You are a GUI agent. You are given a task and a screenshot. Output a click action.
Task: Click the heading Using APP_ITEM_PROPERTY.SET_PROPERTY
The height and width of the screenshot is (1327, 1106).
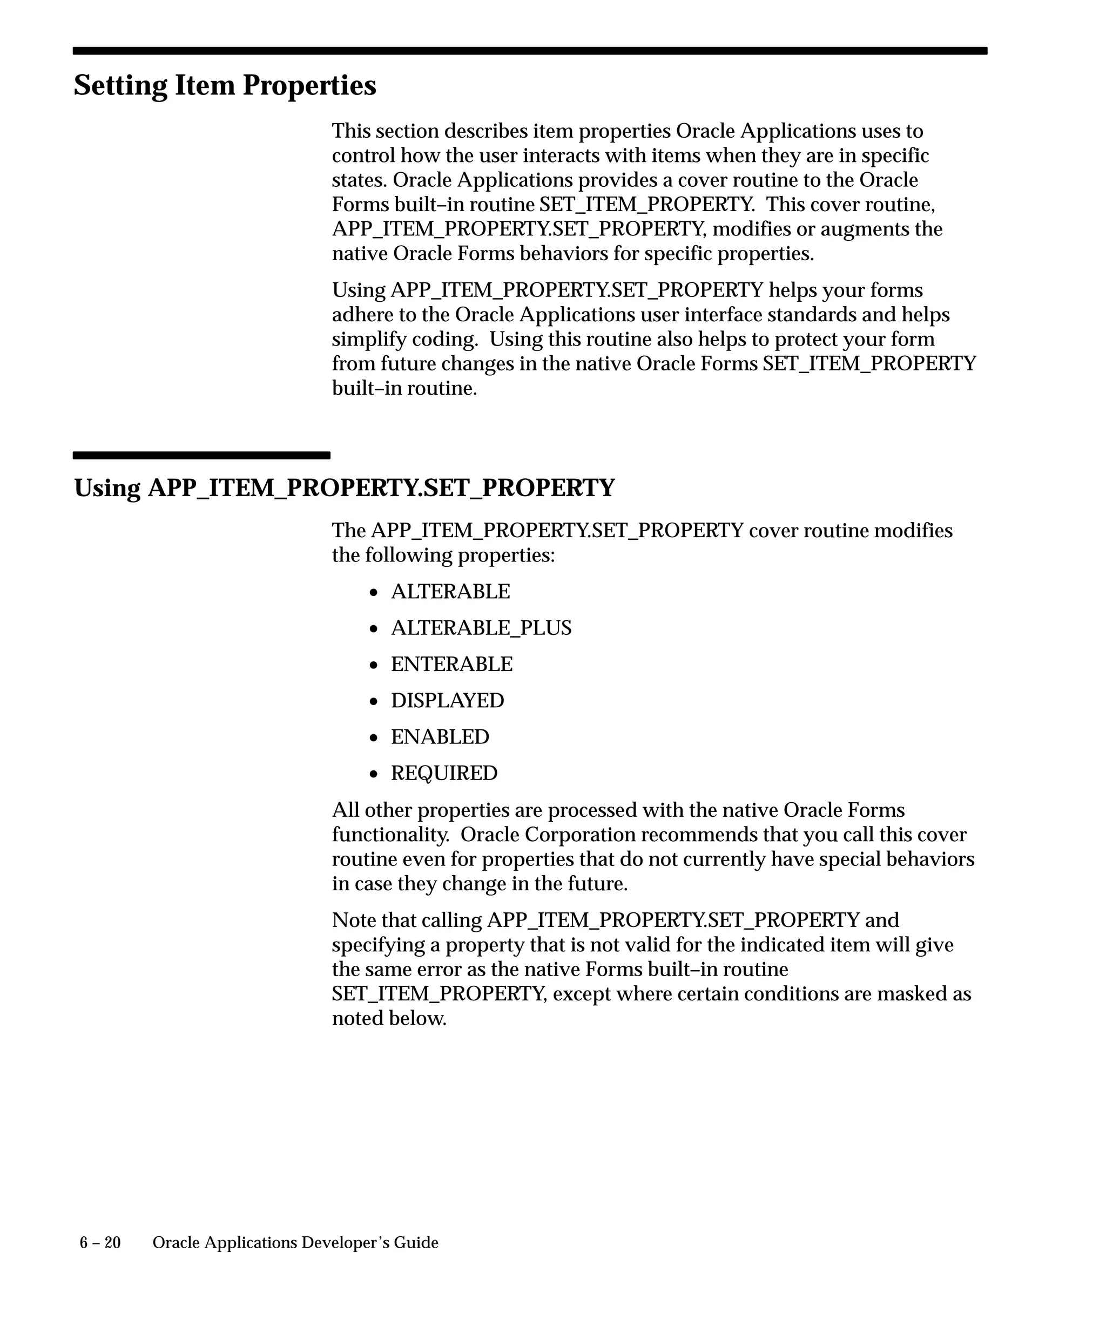pyautogui.click(x=344, y=489)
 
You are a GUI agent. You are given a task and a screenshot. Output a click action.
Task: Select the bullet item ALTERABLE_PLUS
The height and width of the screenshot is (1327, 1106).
pyautogui.click(x=481, y=628)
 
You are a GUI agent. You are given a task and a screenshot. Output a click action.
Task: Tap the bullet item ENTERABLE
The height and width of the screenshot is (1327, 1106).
pyautogui.click(x=451, y=664)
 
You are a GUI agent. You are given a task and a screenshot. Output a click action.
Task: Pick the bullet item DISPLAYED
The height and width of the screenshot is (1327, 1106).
pyautogui.click(x=448, y=701)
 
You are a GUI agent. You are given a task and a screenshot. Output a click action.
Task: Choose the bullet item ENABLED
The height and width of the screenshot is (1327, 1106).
pyautogui.click(x=440, y=737)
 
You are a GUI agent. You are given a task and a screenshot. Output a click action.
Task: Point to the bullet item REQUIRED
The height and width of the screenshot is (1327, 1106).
pyautogui.click(x=444, y=774)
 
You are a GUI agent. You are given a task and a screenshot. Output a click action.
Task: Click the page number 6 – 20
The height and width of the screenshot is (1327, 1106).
pyautogui.click(x=100, y=1243)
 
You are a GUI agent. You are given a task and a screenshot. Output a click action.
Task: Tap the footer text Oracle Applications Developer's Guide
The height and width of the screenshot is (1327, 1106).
pyautogui.click(x=295, y=1243)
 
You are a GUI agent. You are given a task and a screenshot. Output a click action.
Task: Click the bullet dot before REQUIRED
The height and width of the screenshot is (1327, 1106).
pyautogui.click(x=374, y=774)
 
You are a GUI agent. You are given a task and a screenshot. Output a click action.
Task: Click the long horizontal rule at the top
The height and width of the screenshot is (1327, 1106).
pyautogui.click(x=530, y=51)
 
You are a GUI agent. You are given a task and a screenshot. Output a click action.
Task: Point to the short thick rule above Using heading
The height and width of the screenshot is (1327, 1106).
pyautogui.click(x=201, y=455)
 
